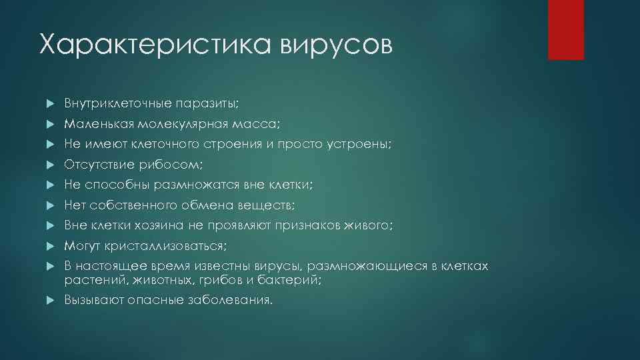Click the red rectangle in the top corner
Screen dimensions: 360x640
(x=566, y=29)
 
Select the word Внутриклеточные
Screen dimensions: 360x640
(x=117, y=104)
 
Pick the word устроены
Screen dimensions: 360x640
(x=364, y=144)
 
